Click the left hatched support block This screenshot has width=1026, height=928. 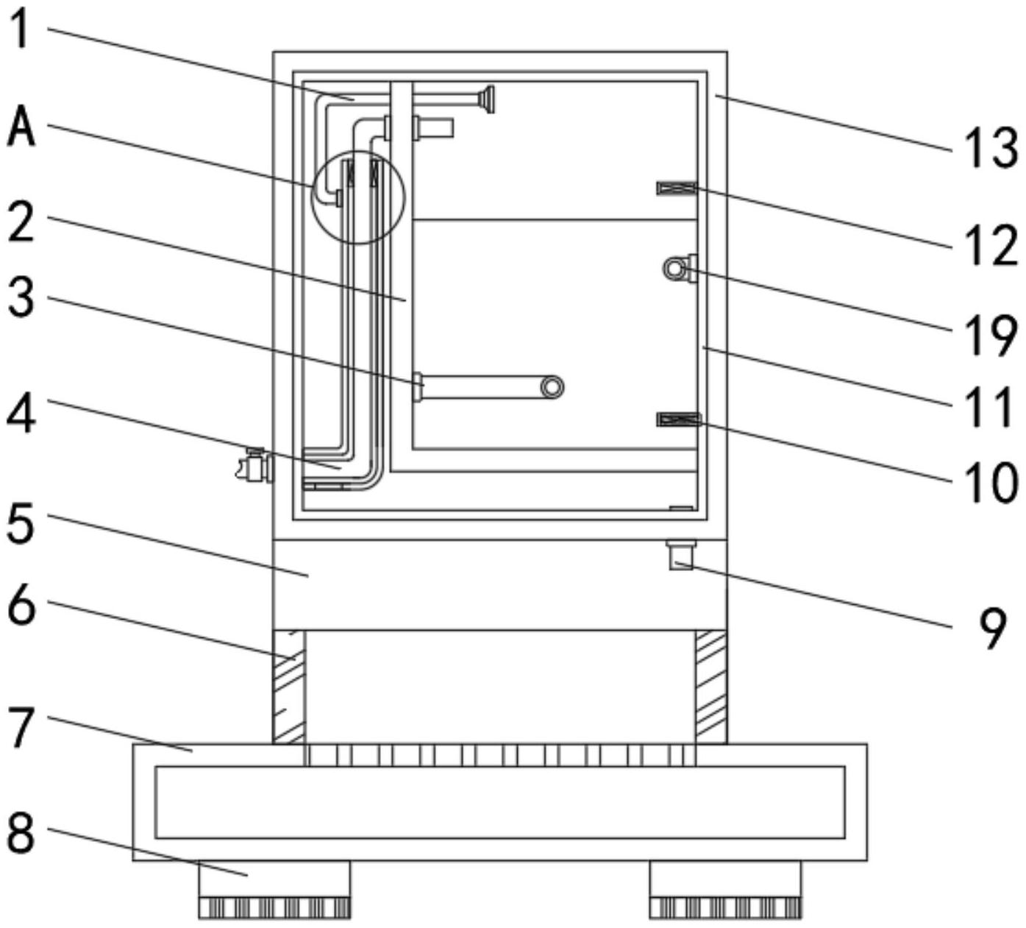click(x=288, y=687)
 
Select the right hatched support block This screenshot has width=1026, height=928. click(x=710, y=687)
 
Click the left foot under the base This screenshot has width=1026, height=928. click(x=274, y=889)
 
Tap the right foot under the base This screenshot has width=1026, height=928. click(x=725, y=889)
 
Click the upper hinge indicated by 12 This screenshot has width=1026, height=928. click(x=676, y=188)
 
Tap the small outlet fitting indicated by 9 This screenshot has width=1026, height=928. click(x=680, y=553)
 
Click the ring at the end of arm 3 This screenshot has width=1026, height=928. click(x=552, y=386)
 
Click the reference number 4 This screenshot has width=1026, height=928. click(x=21, y=416)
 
